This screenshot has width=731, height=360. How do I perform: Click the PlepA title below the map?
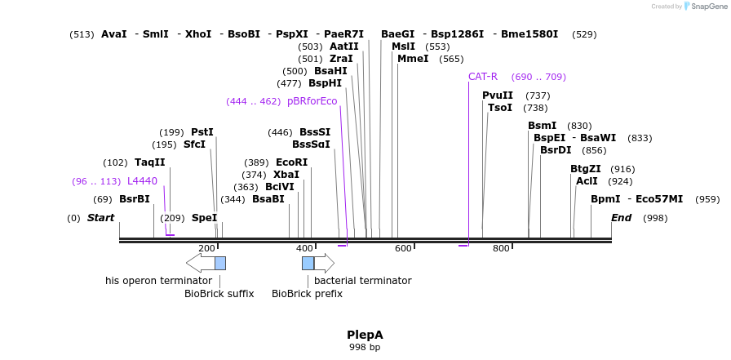[x=365, y=335]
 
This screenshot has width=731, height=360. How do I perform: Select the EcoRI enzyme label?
[x=291, y=162]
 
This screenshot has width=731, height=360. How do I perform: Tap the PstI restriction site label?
[x=202, y=132]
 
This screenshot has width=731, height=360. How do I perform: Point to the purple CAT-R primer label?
[x=482, y=77]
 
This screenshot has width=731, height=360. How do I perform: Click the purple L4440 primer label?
[x=142, y=181]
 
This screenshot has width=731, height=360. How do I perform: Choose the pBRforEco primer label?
[x=312, y=101]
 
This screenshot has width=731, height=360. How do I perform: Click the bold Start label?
[x=100, y=218]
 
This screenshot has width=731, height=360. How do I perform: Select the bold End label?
[x=621, y=218]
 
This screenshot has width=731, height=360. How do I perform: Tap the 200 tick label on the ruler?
[x=206, y=248]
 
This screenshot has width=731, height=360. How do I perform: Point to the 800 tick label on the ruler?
[x=501, y=248]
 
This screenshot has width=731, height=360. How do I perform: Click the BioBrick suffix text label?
[x=219, y=294]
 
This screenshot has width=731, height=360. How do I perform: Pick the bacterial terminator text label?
[x=362, y=281]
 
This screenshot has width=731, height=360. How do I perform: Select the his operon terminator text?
[x=158, y=281]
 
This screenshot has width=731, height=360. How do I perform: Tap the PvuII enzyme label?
[x=498, y=96]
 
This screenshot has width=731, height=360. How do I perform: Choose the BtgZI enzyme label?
[x=585, y=169]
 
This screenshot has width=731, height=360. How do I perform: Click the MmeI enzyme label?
[x=413, y=59]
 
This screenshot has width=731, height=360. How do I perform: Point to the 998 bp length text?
[x=365, y=348]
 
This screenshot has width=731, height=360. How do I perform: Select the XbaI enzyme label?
[x=286, y=175]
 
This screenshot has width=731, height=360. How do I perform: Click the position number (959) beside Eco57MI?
[x=707, y=199]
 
